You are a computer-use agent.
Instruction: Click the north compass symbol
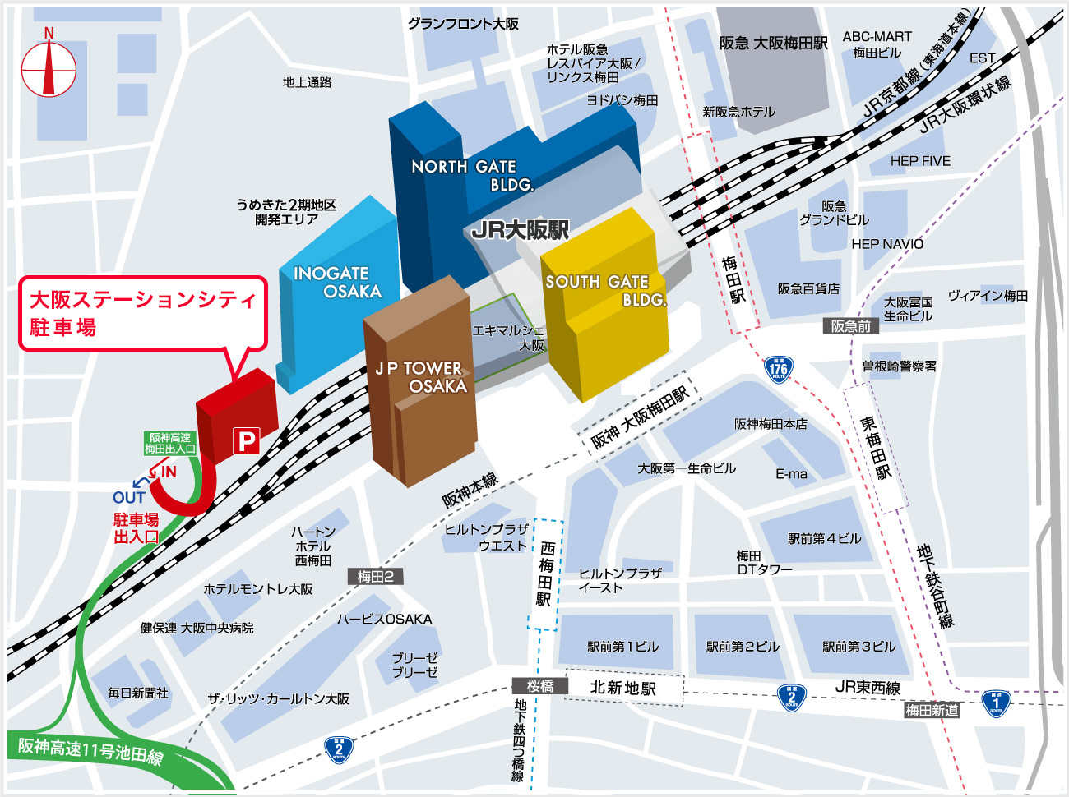tap(49, 69)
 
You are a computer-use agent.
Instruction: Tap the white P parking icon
tap(246, 441)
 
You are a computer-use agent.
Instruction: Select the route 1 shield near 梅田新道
tap(996, 703)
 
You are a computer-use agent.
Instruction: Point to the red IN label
tap(169, 472)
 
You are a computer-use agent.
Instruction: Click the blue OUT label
tap(129, 498)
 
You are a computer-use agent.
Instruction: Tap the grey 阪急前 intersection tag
tap(850, 326)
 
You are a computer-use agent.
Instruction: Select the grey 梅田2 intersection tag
tap(375, 577)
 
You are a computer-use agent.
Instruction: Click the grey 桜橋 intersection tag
tap(540, 686)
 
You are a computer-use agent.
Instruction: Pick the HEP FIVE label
tap(920, 161)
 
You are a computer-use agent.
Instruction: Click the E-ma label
tap(791, 474)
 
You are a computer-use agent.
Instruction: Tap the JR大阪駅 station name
tap(520, 230)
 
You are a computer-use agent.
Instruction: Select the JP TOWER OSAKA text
tap(421, 377)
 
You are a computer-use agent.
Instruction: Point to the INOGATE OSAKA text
tap(337, 282)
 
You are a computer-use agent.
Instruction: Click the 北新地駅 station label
tap(623, 688)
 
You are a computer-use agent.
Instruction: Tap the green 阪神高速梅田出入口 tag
tap(170, 444)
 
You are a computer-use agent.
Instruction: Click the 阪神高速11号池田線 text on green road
tap(90, 750)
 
